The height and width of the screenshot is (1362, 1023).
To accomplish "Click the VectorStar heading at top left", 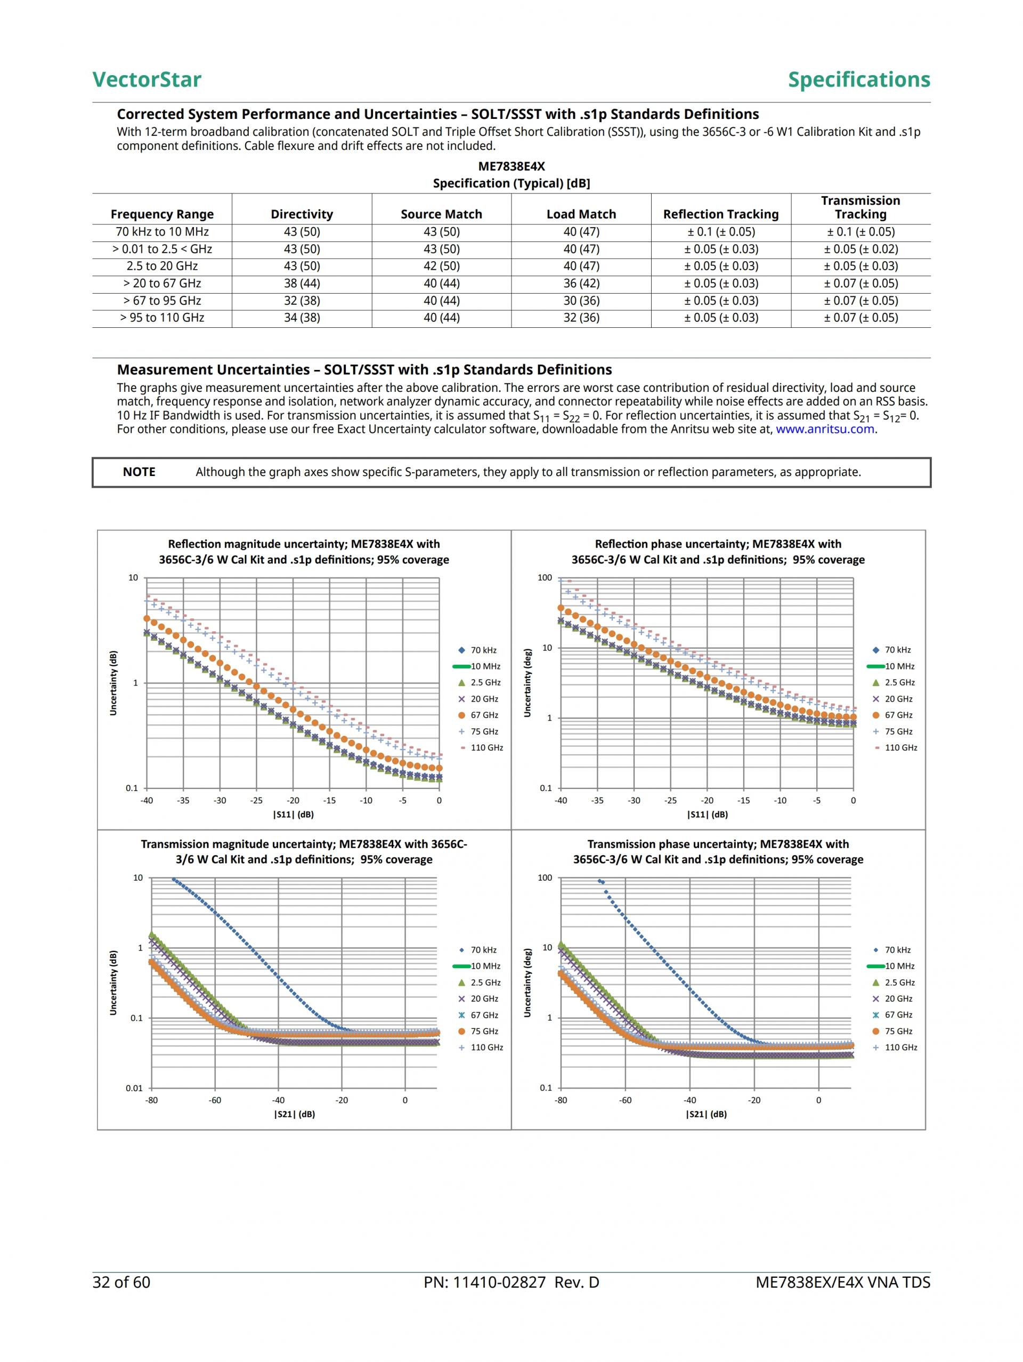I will point(147,79).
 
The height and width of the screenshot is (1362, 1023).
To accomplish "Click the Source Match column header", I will point(441,214).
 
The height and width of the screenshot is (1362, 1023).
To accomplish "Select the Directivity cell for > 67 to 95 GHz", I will point(302,301).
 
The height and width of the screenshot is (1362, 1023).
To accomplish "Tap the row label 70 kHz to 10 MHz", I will point(162,231).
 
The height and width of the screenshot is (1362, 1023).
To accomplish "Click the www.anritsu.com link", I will point(824,429).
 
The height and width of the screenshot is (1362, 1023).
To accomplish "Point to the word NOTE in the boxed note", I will point(139,472).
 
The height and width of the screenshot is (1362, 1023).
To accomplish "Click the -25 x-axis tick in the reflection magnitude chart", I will point(256,801).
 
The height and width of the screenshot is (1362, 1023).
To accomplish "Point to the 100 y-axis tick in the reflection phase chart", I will point(545,577).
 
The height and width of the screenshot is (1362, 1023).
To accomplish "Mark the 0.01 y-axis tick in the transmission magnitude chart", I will point(134,1088).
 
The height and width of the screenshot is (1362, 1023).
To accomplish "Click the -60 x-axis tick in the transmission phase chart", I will point(626,1100).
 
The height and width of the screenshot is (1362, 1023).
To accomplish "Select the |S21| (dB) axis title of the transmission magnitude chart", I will point(294,1114).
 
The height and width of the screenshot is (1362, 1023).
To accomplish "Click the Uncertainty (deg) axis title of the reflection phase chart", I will point(527,683).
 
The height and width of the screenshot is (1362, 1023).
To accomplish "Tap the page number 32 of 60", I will point(121,1283).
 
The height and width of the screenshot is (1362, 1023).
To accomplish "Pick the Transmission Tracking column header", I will point(860,207).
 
